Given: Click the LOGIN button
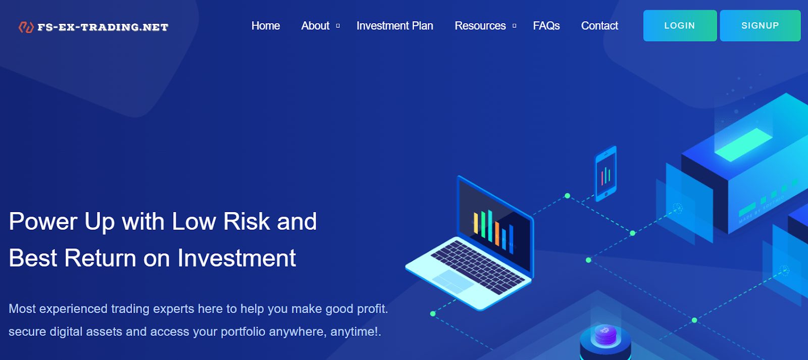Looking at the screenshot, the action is coord(680,26).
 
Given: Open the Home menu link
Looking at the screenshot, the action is coord(266,26).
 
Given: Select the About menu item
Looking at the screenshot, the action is coord(315,26).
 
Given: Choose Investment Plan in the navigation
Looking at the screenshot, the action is coord(394,26).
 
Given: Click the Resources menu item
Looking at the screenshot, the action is coord(480,26).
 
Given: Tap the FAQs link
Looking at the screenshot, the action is coord(546,26).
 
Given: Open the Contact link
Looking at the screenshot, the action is coord(599,26).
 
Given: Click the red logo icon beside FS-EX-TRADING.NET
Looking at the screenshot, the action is coord(26,27).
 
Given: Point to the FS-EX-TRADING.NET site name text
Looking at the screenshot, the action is coord(103,27).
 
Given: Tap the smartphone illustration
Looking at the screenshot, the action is coord(605,174).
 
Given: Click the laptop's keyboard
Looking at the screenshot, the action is coord(478,267).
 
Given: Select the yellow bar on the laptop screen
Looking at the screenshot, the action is coord(476,223).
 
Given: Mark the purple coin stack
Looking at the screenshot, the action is coord(605,335).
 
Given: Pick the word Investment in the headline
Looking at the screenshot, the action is coord(237,259).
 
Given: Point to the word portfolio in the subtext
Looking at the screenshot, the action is coord(243,332).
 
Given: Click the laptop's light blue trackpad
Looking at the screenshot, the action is coord(453,282).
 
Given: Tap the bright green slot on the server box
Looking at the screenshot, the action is coord(743,144).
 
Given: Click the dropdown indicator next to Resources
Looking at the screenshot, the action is coord(515,26).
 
